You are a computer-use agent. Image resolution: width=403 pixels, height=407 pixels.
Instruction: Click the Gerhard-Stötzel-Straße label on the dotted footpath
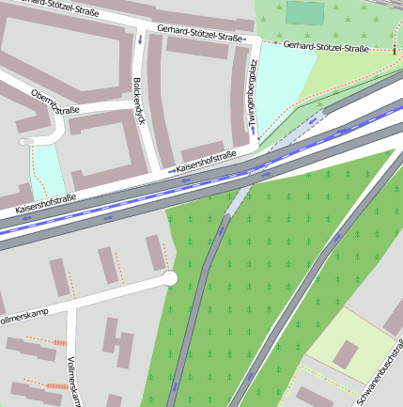pos(326,46)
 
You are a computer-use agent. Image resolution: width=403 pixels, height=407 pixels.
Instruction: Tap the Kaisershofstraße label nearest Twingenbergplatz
pos(201,167)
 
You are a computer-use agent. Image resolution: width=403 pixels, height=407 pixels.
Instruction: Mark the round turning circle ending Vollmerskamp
pos(169,278)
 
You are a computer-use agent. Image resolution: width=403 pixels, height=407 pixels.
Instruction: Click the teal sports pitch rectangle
pos(304,13)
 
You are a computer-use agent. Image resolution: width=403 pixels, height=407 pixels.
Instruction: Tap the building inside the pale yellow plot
pos(346,353)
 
